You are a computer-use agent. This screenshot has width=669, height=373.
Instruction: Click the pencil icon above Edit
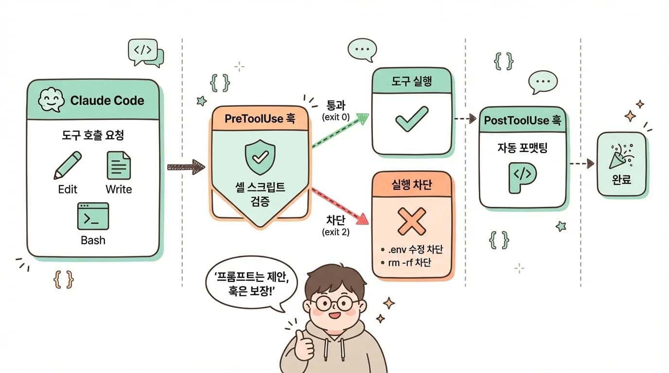click(67, 166)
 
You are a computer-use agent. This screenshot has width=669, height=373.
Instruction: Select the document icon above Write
click(119, 165)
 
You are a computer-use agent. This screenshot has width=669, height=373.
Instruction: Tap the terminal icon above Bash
click(93, 216)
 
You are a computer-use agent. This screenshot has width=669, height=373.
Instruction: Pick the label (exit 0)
click(336, 117)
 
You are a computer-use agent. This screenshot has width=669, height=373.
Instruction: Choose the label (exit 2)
click(335, 232)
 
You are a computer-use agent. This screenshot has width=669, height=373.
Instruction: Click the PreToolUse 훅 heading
click(260, 119)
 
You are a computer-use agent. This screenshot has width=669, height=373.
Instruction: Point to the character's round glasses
click(334, 303)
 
